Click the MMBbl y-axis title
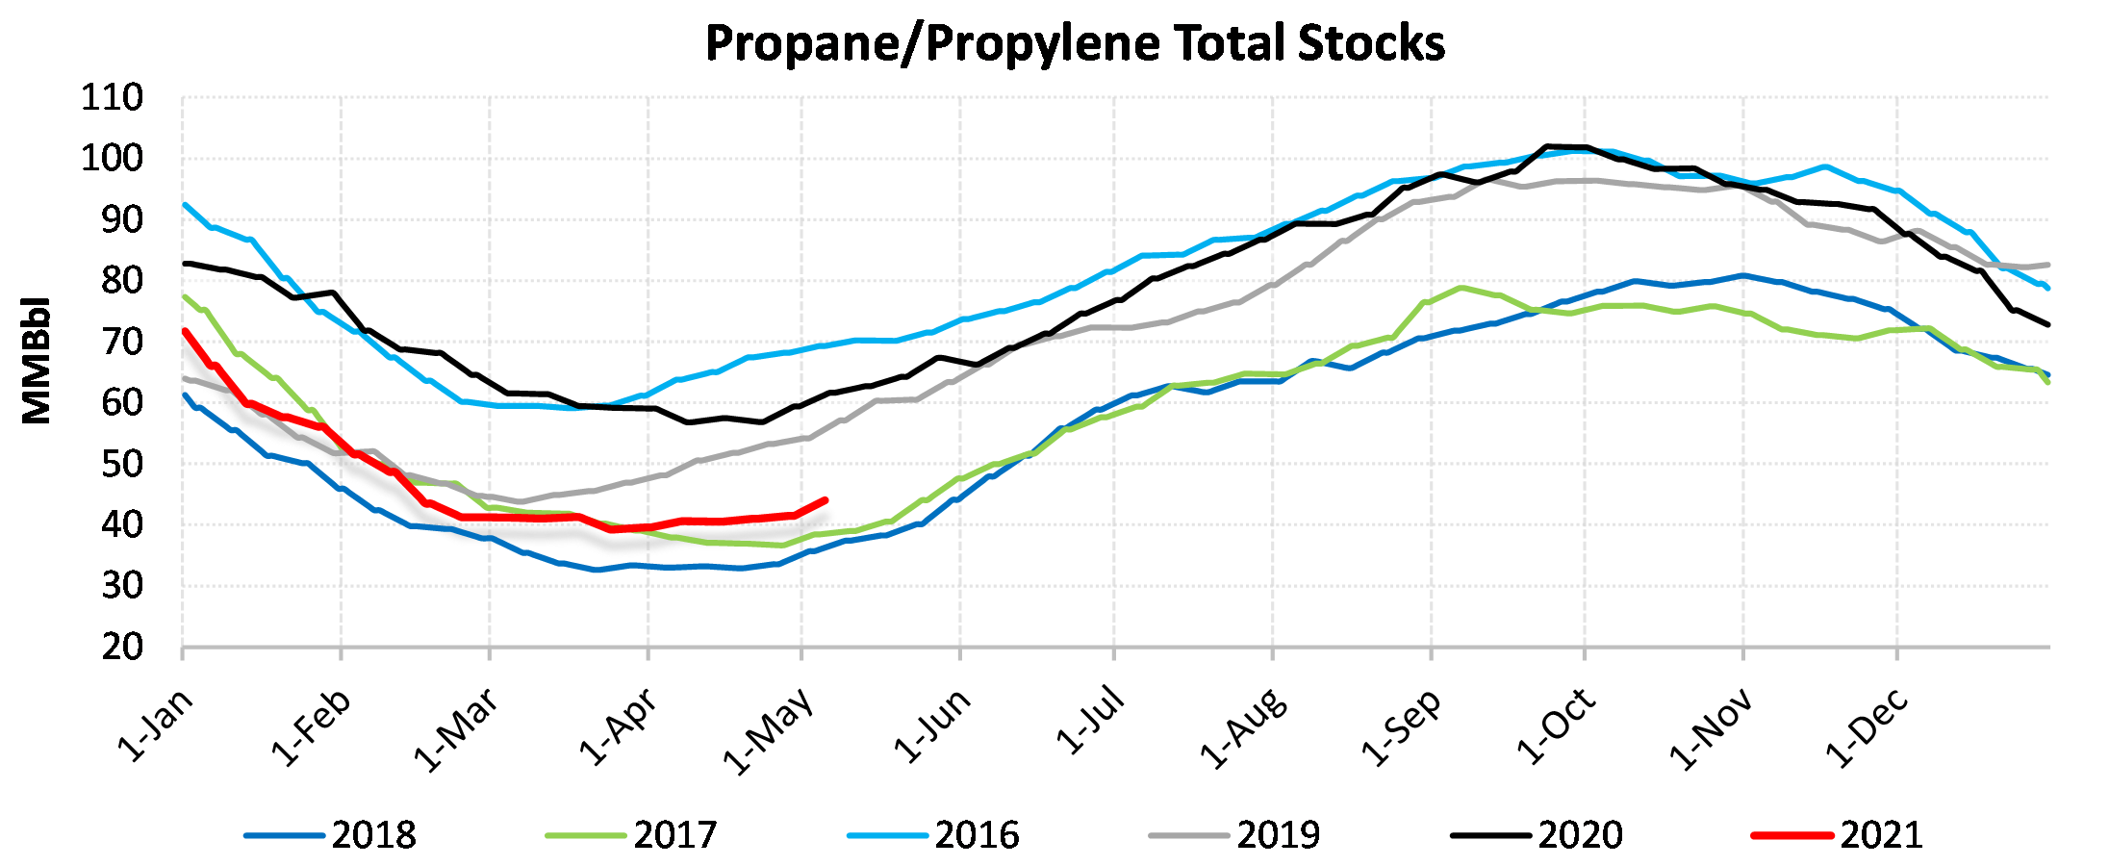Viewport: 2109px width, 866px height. coord(37,360)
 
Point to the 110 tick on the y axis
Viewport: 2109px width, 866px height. coord(112,98)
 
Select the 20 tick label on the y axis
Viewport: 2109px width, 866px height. coord(122,648)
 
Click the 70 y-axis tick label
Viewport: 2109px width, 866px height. coord(122,342)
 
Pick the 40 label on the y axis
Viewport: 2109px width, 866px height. coord(122,525)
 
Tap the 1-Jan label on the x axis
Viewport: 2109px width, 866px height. coord(156,726)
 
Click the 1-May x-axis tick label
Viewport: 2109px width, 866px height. coord(770,731)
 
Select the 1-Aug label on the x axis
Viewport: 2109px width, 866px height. coord(1243,728)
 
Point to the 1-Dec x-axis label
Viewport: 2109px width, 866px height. coord(1867,728)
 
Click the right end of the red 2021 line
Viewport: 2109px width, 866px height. coord(826,500)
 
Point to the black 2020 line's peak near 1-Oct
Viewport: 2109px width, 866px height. coord(1547,147)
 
